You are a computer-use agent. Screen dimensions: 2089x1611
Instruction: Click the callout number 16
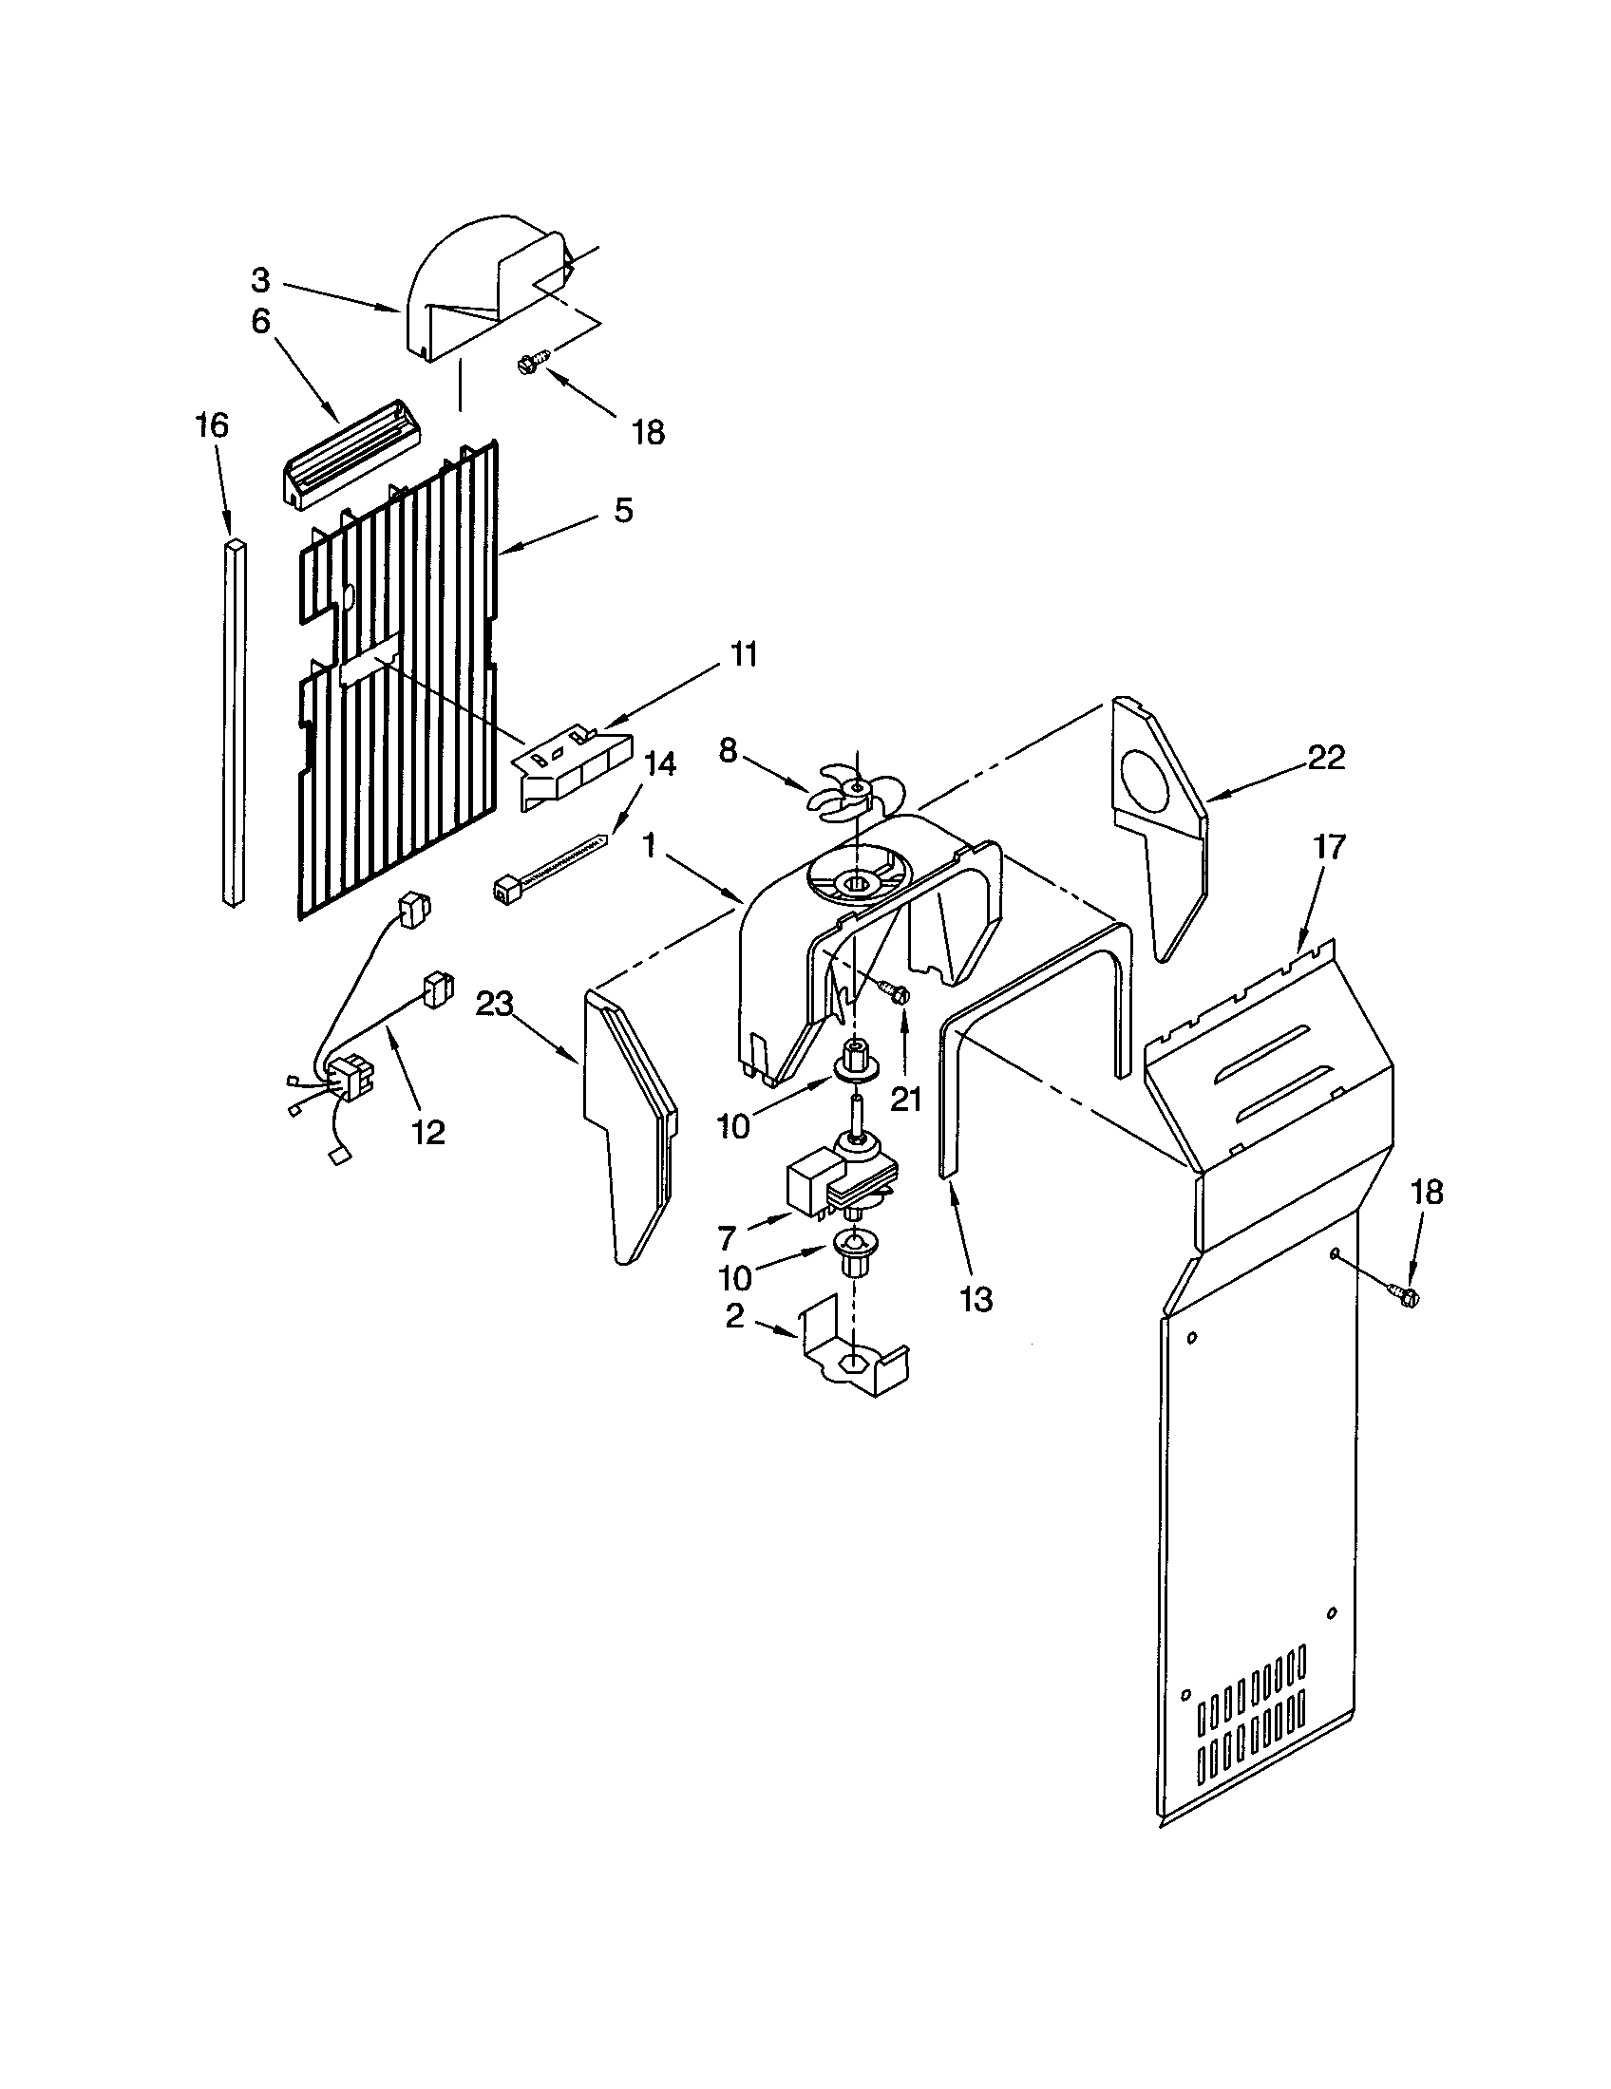[x=213, y=426]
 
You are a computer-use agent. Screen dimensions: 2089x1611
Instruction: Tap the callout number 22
[x=1326, y=757]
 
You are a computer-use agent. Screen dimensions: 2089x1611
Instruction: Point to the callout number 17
[x=1330, y=845]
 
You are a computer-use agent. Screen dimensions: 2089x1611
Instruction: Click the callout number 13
[x=976, y=1299]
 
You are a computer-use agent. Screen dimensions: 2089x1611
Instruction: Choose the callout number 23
[x=496, y=1004]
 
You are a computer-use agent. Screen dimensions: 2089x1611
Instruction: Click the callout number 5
[x=623, y=511]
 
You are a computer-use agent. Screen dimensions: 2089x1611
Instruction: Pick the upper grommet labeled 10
[x=855, y=1066]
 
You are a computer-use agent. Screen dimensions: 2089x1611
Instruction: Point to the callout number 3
[x=261, y=280]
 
